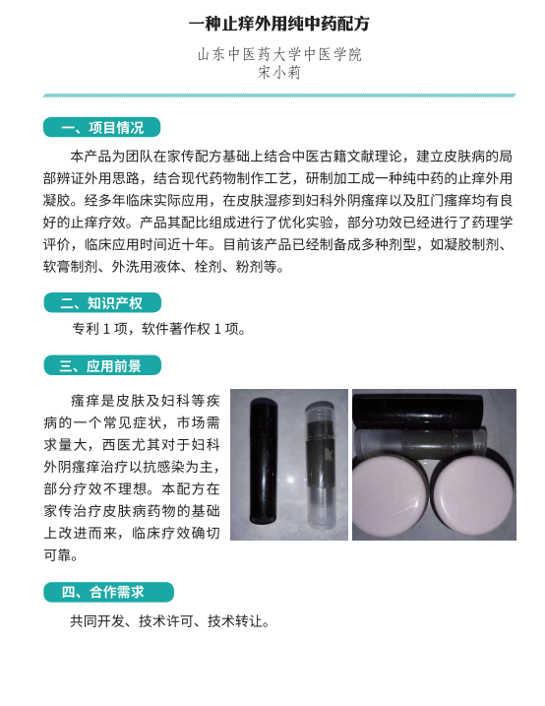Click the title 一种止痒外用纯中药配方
(279, 24)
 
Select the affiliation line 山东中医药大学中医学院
(279, 54)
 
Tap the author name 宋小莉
(279, 73)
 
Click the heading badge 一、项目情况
(101, 127)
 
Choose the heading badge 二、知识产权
(102, 302)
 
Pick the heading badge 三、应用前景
(102, 365)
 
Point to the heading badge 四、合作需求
(108, 592)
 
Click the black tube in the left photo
(264, 462)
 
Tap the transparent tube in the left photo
(320, 465)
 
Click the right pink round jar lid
(474, 490)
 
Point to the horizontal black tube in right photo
(419, 411)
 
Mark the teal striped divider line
(279, 96)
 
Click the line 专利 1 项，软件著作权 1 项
(159, 329)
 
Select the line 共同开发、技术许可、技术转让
(170, 621)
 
